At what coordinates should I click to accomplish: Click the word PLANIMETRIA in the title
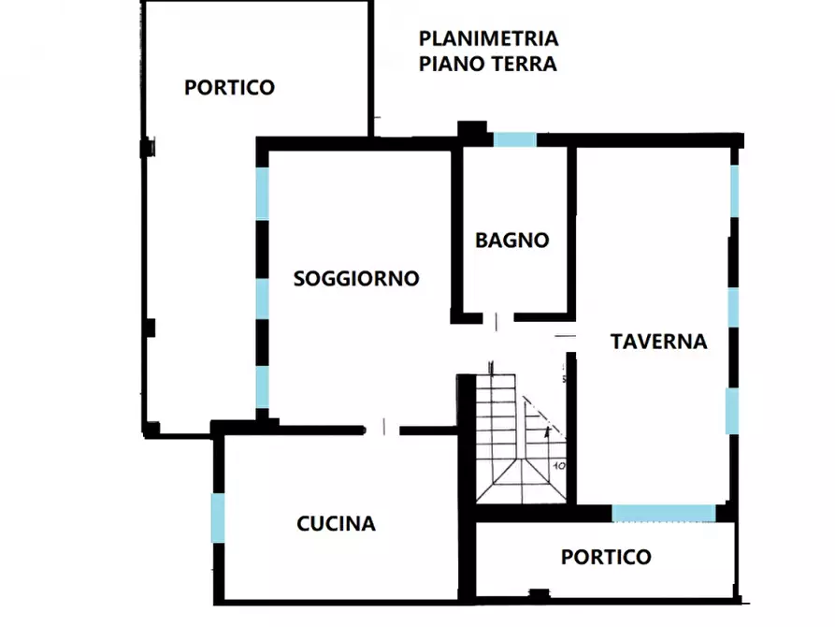pos(488,39)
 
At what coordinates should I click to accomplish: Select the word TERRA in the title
pos(525,64)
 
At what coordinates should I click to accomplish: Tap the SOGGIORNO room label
pos(355,278)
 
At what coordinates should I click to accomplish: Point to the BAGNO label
pos(511,240)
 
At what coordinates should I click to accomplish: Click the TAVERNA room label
pos(658,342)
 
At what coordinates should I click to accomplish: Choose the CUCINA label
pos(336,523)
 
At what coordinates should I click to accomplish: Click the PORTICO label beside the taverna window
pos(605,557)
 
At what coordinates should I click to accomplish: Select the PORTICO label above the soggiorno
pos(229,87)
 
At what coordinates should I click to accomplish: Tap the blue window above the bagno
pos(514,139)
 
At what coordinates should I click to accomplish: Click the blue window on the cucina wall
pos(218,518)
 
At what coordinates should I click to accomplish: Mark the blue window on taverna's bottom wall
pos(664,513)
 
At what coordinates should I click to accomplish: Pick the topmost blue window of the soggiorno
pos(263,193)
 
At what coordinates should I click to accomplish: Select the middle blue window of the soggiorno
pos(263,298)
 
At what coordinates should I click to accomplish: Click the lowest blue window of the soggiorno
pos(263,386)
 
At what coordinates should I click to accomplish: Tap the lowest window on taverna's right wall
pos(732,411)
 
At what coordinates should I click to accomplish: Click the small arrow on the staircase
pos(546,432)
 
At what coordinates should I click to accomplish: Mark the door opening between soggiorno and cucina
pos(382,430)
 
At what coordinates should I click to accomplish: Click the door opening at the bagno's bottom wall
pos(496,319)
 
